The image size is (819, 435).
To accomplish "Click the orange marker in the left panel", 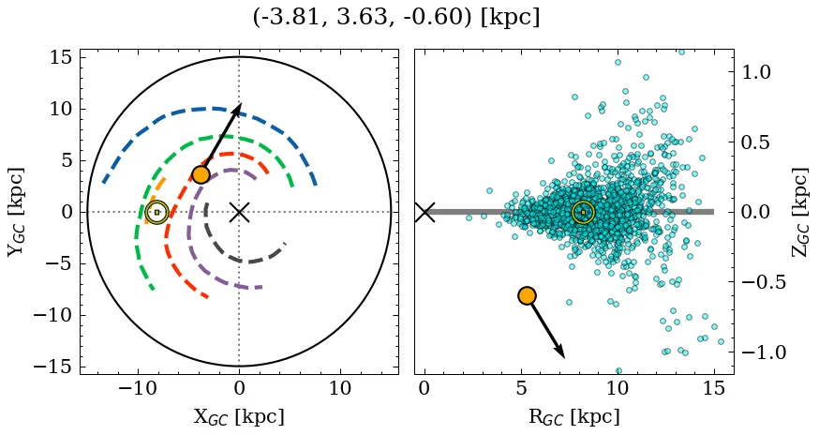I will pos(201,174).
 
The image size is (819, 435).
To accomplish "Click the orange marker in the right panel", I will pos(527,295).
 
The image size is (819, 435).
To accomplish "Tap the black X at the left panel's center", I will pos(239,212).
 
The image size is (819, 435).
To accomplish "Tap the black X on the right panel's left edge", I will pos(424,212).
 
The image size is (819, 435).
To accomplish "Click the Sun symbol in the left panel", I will pos(156,212).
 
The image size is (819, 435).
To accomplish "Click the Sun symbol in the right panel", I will pos(583,212).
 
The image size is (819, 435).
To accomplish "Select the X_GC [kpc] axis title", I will pos(239,416).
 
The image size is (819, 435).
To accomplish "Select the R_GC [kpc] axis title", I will pos(573,416).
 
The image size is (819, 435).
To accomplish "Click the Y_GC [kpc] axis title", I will pos(16,212).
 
